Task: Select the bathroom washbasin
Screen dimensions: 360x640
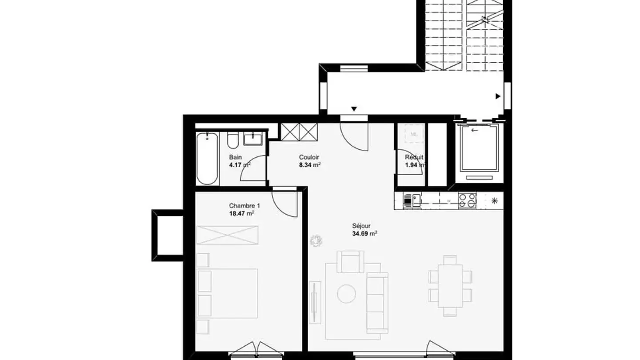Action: [253, 139]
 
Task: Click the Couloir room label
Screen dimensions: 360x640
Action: [309, 157]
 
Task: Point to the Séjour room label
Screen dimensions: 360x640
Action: [361, 226]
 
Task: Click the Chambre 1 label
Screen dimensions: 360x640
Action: [244, 206]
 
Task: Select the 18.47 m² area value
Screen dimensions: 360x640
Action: [241, 213]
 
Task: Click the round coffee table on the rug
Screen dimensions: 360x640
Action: [346, 294]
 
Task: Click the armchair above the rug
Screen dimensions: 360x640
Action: [350, 261]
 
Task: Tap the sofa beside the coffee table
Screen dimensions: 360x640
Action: [377, 302]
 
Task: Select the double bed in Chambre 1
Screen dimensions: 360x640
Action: [228, 293]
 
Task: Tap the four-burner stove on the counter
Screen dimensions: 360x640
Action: [467, 200]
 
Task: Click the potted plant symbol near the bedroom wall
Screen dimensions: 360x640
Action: [316, 241]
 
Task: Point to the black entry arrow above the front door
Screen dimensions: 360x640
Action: [354, 109]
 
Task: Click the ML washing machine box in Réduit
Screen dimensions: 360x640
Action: [414, 134]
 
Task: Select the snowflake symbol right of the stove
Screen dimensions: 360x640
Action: [494, 200]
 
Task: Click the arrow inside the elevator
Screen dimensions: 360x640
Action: [475, 130]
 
